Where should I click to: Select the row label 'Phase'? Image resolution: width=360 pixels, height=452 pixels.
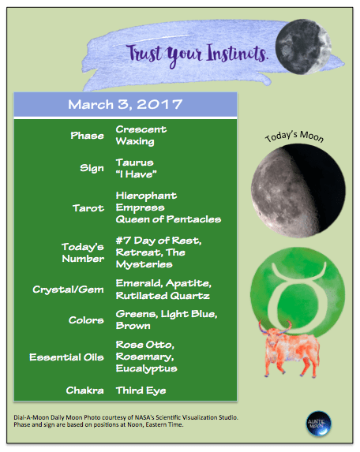pos(87,135)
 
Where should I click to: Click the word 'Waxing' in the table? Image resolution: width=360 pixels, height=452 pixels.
pos(136,141)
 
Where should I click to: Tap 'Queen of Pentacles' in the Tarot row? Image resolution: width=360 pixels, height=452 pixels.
pos(168,219)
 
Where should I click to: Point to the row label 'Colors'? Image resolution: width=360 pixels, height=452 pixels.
pos(86,320)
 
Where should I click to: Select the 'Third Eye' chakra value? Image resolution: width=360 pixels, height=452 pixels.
pos(141,390)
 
